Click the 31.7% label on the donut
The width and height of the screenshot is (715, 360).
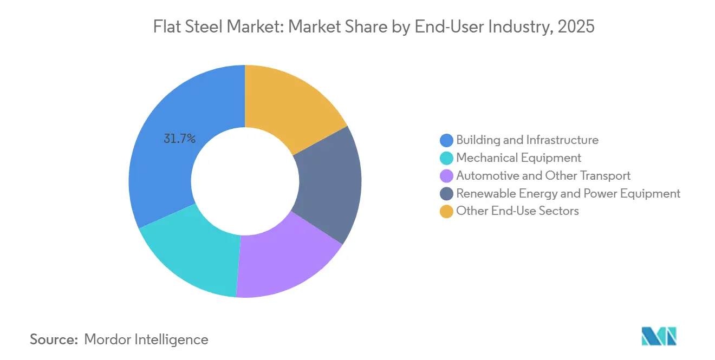click(179, 139)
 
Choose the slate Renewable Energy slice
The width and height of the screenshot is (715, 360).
click(329, 185)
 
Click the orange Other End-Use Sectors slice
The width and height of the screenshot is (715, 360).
click(290, 102)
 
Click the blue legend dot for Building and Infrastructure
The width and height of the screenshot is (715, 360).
click(446, 140)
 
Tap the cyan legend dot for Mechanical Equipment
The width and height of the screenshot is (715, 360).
click(446, 158)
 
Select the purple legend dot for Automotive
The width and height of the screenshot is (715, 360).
click(446, 176)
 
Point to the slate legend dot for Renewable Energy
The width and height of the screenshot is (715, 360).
click(446, 194)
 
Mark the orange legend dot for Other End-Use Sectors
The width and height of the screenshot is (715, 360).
click(446, 211)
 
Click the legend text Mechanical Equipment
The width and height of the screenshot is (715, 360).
click(519, 158)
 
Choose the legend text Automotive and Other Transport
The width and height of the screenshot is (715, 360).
click(543, 176)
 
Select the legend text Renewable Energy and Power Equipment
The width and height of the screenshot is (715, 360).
click(568, 194)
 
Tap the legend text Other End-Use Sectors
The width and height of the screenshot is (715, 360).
click(517, 211)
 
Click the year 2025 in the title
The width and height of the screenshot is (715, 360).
click(576, 26)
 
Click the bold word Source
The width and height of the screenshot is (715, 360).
click(54, 339)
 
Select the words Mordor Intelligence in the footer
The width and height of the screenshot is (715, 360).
click(146, 339)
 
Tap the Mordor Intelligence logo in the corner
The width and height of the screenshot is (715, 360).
click(659, 336)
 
